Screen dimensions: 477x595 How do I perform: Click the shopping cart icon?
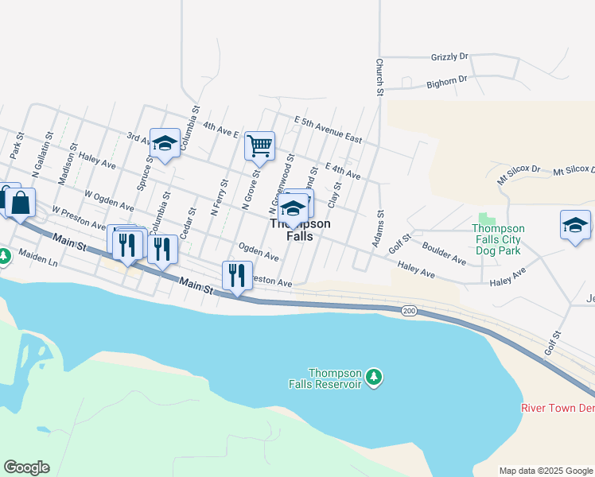tap(259, 146)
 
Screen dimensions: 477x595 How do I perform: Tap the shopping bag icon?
tap(21, 203)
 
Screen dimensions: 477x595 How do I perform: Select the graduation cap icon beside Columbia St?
tap(165, 144)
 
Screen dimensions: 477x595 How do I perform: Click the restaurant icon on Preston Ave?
tap(237, 276)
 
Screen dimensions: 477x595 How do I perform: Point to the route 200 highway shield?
tap(409, 310)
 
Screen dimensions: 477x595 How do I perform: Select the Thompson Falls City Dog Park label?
tap(498, 238)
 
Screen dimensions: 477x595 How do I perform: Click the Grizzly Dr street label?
tap(449, 57)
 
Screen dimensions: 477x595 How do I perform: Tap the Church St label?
tap(380, 77)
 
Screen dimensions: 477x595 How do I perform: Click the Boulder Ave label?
tap(444, 253)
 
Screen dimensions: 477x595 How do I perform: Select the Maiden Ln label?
tap(39, 261)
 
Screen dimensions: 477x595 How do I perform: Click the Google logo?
tap(26, 467)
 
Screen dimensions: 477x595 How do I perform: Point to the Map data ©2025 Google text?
tap(546, 471)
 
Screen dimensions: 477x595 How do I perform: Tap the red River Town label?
tap(557, 408)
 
